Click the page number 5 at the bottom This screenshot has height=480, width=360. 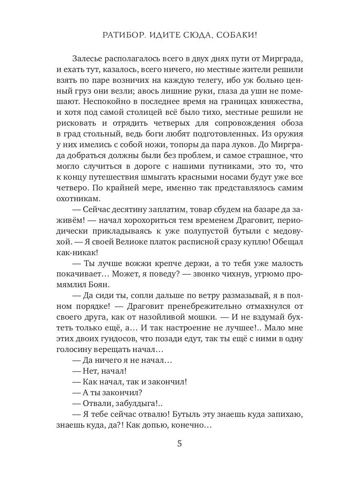click(180, 444)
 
